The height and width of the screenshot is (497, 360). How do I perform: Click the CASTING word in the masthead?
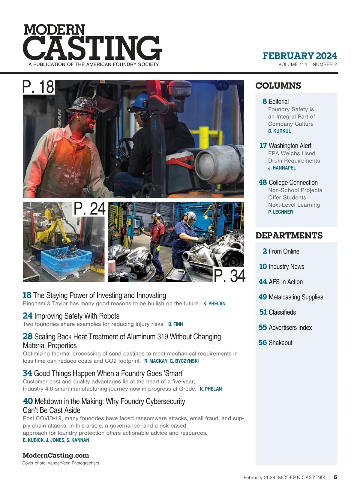92,48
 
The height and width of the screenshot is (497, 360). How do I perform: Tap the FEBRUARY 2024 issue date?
300,56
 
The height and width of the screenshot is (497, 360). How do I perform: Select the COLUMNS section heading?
278,86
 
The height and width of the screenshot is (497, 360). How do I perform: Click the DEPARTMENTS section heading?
289,235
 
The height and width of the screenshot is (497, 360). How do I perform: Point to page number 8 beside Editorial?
265,101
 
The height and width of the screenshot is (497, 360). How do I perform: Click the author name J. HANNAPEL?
282,168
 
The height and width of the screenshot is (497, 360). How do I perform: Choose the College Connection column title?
293,182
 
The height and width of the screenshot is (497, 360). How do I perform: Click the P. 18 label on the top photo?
38,87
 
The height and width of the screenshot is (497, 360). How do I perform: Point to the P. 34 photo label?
229,276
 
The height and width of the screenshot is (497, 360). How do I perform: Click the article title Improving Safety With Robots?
77,316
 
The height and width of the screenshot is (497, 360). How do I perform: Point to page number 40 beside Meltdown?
28,401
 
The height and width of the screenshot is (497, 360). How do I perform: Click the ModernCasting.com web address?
56,455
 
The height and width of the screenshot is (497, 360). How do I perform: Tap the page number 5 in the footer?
335,477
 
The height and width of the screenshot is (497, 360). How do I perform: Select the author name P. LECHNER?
280,212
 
